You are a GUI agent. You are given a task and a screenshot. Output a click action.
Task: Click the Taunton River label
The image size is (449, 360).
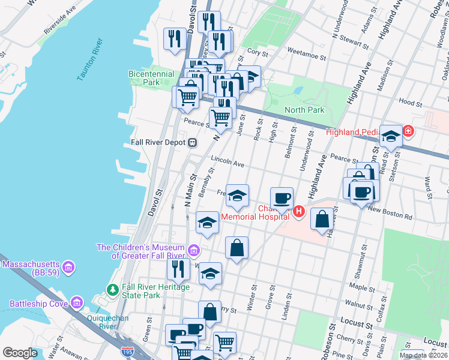[x=89, y=60]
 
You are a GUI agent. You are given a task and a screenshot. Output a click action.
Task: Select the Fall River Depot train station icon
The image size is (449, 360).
[x=193, y=143]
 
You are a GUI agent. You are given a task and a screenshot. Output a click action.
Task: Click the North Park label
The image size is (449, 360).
[x=304, y=110]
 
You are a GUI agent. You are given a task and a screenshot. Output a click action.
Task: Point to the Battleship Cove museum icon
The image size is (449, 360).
[x=77, y=304]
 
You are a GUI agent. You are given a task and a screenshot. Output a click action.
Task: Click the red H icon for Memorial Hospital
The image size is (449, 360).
[x=299, y=211]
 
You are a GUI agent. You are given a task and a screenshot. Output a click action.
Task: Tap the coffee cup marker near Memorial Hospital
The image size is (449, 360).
[x=282, y=198]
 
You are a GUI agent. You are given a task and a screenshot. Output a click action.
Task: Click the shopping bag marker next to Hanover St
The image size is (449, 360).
[x=322, y=219]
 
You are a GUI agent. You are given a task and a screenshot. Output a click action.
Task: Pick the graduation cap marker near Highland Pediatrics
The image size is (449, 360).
[x=391, y=137]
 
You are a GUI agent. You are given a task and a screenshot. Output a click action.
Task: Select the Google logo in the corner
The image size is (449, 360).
[x=20, y=352]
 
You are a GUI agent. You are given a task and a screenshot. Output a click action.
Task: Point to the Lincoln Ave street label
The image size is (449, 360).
[x=228, y=162]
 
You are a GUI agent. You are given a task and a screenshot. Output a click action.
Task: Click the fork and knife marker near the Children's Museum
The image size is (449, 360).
[x=178, y=269]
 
